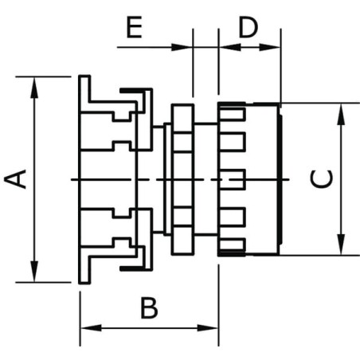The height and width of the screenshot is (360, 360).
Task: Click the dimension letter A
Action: pos(15,179)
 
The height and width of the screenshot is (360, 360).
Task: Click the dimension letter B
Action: pos(149,308)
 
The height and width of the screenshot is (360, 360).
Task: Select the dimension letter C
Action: pos(322,179)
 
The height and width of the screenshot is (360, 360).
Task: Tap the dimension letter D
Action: pos(248,27)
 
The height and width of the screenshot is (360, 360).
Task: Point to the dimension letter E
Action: pos(134,27)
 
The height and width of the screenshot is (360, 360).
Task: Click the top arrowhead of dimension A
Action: pos(34,88)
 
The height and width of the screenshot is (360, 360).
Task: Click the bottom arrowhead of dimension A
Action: pos(34,271)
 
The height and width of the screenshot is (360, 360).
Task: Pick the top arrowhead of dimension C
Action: pos(342,114)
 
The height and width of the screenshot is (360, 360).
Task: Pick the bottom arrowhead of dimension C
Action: pos(342,245)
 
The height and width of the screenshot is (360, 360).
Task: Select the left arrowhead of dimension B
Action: pos(91,328)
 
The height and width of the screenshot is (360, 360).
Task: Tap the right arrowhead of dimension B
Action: pos(208,328)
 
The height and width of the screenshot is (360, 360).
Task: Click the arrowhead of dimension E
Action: pos(182,47)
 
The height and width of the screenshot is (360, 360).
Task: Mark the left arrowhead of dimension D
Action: pos(230,47)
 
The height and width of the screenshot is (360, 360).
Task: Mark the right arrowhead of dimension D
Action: pos(270,47)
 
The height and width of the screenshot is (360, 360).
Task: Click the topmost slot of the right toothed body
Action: pos(231,114)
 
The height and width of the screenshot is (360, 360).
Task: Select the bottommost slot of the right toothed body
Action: pos(231,245)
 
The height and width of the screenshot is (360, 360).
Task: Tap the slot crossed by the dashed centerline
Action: pos(232,179)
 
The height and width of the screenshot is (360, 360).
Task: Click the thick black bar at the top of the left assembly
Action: pos(132,91)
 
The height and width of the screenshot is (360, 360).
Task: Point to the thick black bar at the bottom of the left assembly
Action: pos(132,268)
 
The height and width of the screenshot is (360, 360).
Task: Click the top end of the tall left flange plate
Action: pos(84,76)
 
